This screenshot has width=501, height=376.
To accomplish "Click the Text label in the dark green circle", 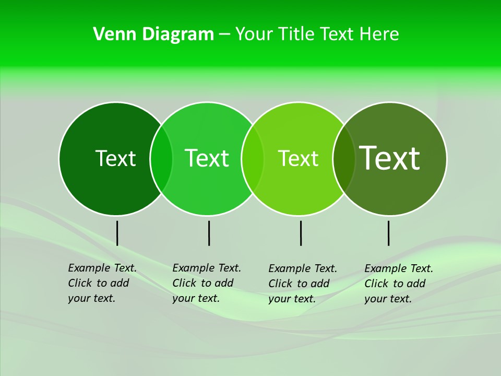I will pos(115,158).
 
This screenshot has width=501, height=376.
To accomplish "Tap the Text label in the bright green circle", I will pos(207,158).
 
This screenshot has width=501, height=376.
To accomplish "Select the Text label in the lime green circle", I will pos(298,158).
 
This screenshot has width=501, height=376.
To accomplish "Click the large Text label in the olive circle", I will pos(390,158).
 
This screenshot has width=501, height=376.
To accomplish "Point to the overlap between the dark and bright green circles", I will pos(161,158).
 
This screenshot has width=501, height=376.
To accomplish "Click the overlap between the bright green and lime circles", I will pos(253,158).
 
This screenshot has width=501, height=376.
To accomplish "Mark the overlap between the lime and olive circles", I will pos(344,158).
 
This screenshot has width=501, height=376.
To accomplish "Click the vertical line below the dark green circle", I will pos(117,233).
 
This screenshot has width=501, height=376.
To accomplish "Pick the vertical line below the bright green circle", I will pos(209,233).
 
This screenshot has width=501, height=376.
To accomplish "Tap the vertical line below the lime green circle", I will pos(301,233).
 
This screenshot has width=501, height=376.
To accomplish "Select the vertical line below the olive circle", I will pos(388,233).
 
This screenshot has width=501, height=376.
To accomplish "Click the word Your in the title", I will pos(254,34).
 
